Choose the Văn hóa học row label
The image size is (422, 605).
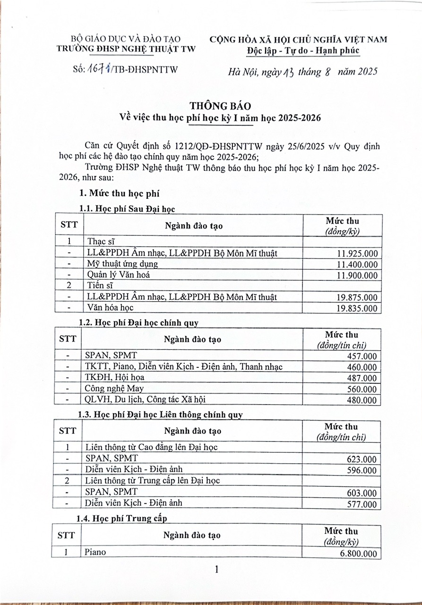[x=111, y=308]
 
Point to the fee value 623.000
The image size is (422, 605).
[x=362, y=459]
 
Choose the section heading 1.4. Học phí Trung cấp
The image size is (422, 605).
[x=121, y=519]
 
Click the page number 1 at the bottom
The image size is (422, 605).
[x=216, y=570]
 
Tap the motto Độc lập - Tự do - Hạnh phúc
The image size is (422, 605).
[x=303, y=51]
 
